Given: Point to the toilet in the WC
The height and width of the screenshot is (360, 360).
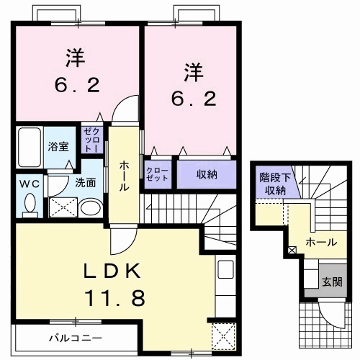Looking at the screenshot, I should pyautogui.click(x=30, y=204).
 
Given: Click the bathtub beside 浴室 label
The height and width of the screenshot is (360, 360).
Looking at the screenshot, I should pyautogui.click(x=30, y=147).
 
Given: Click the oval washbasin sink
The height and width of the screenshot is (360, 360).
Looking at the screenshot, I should pyautogui.click(x=91, y=209).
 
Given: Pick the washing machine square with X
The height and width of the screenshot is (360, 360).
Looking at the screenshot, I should pyautogui.click(x=62, y=207).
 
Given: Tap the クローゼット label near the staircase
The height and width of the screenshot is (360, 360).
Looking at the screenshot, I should pyautogui.click(x=158, y=174).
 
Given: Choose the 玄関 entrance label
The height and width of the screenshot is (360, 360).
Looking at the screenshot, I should pyautogui.click(x=330, y=280).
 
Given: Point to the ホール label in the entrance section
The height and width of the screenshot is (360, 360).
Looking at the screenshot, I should pyautogui.click(x=321, y=242).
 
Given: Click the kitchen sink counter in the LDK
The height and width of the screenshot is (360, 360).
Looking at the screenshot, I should pyautogui.click(x=225, y=274).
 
